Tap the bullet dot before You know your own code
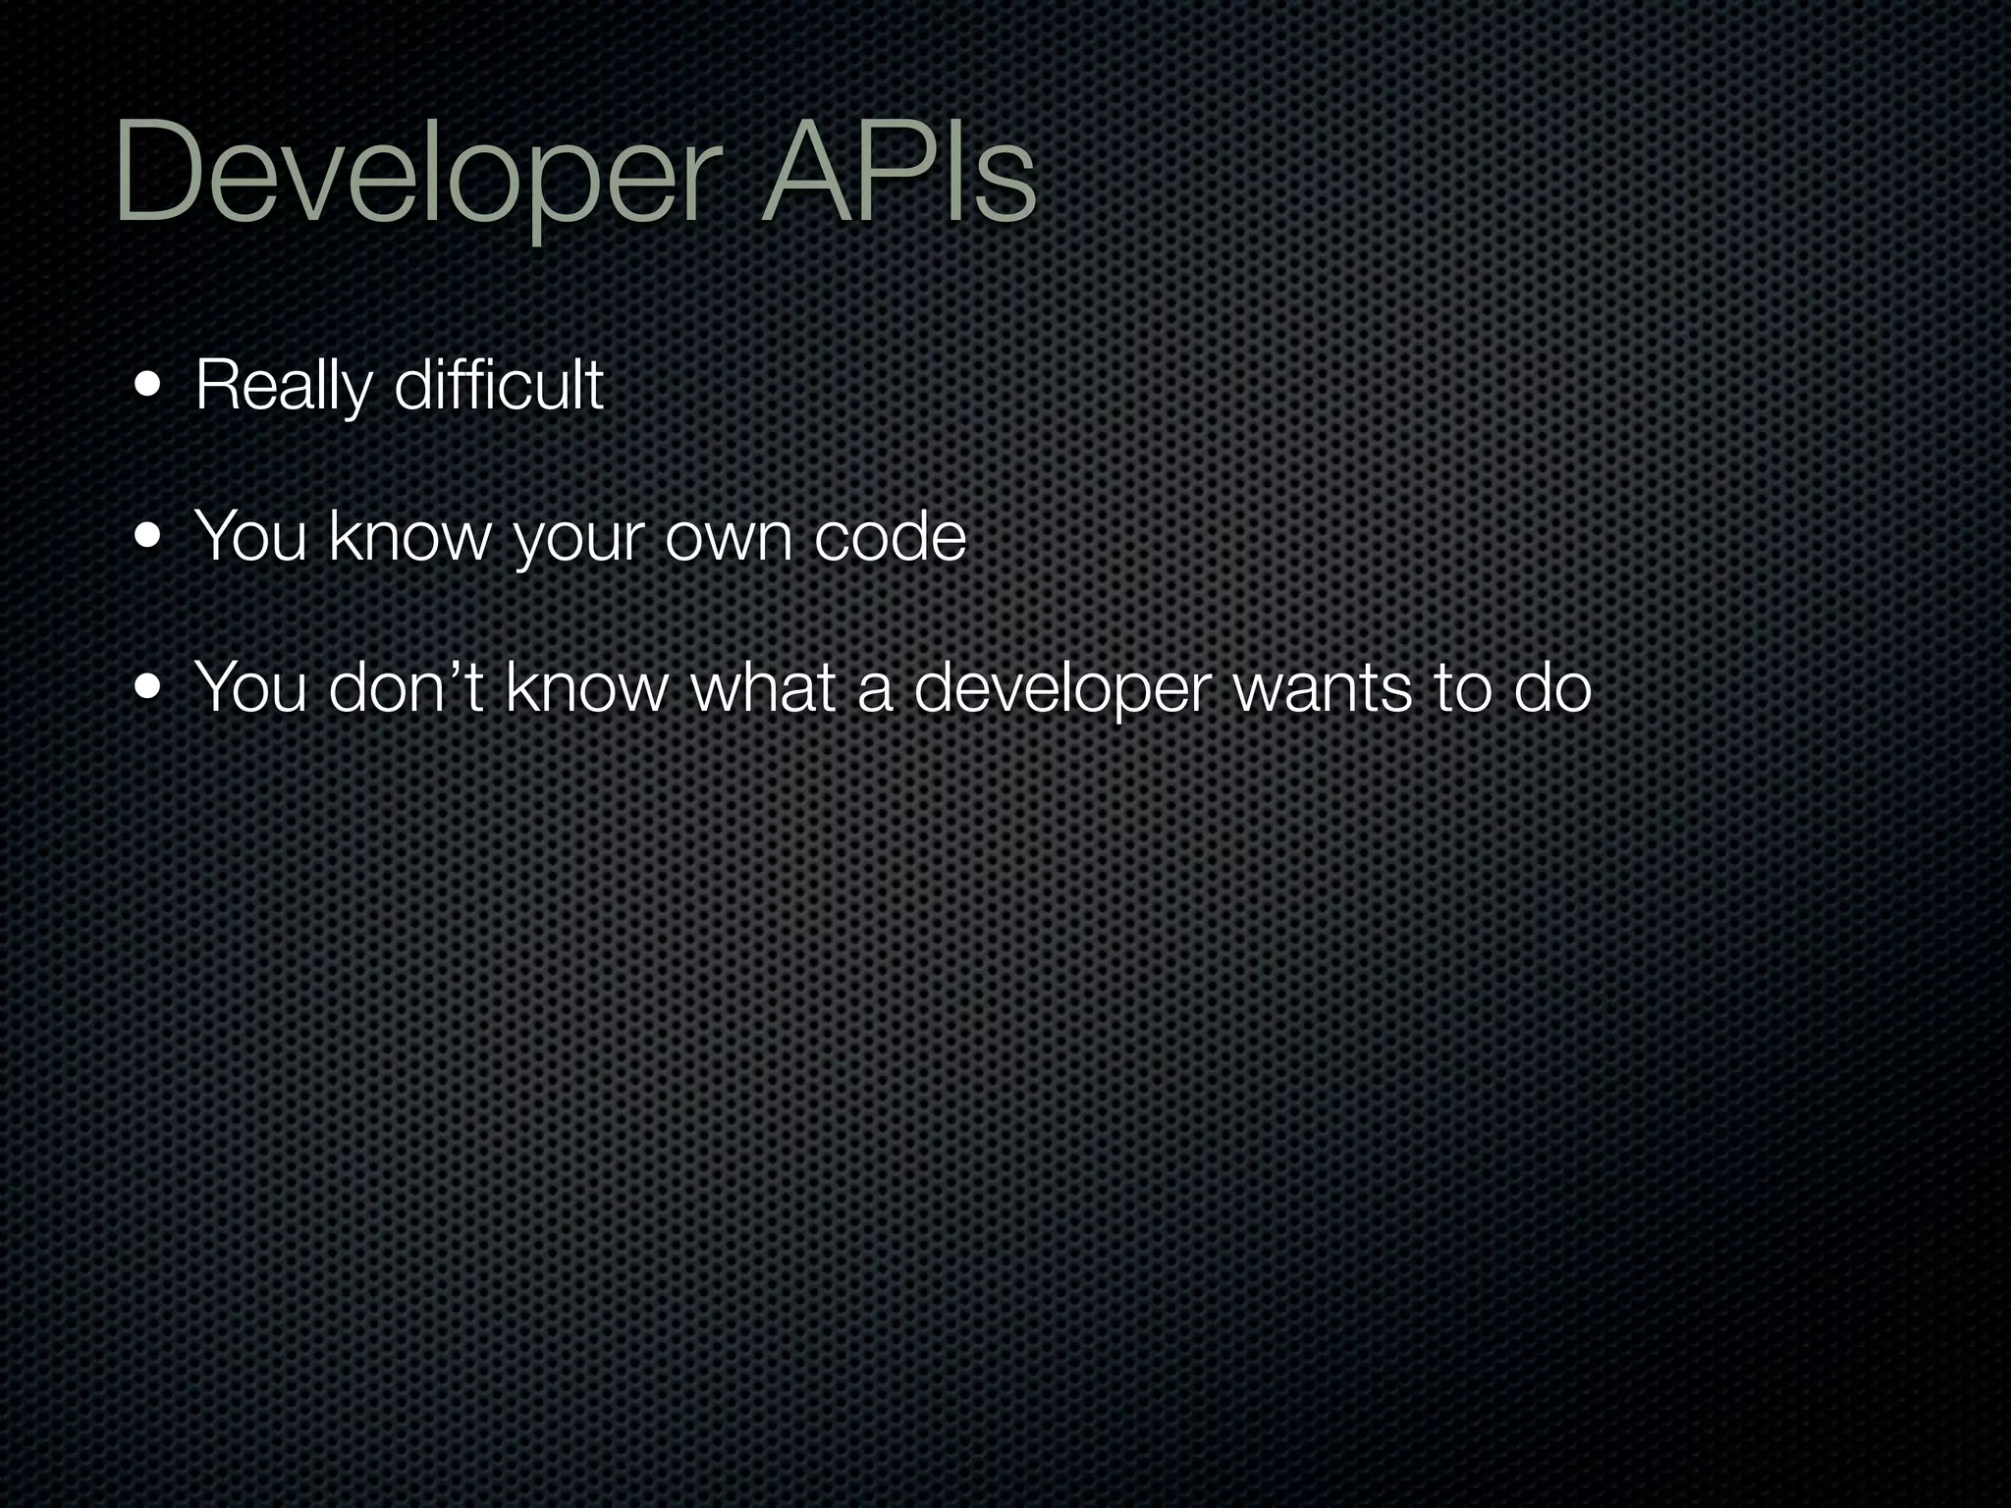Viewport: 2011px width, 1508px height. [x=149, y=537]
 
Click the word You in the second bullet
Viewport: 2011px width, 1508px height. [x=251, y=537]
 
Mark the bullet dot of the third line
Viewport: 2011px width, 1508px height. [x=149, y=688]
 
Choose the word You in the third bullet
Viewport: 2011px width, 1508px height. [x=251, y=688]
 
